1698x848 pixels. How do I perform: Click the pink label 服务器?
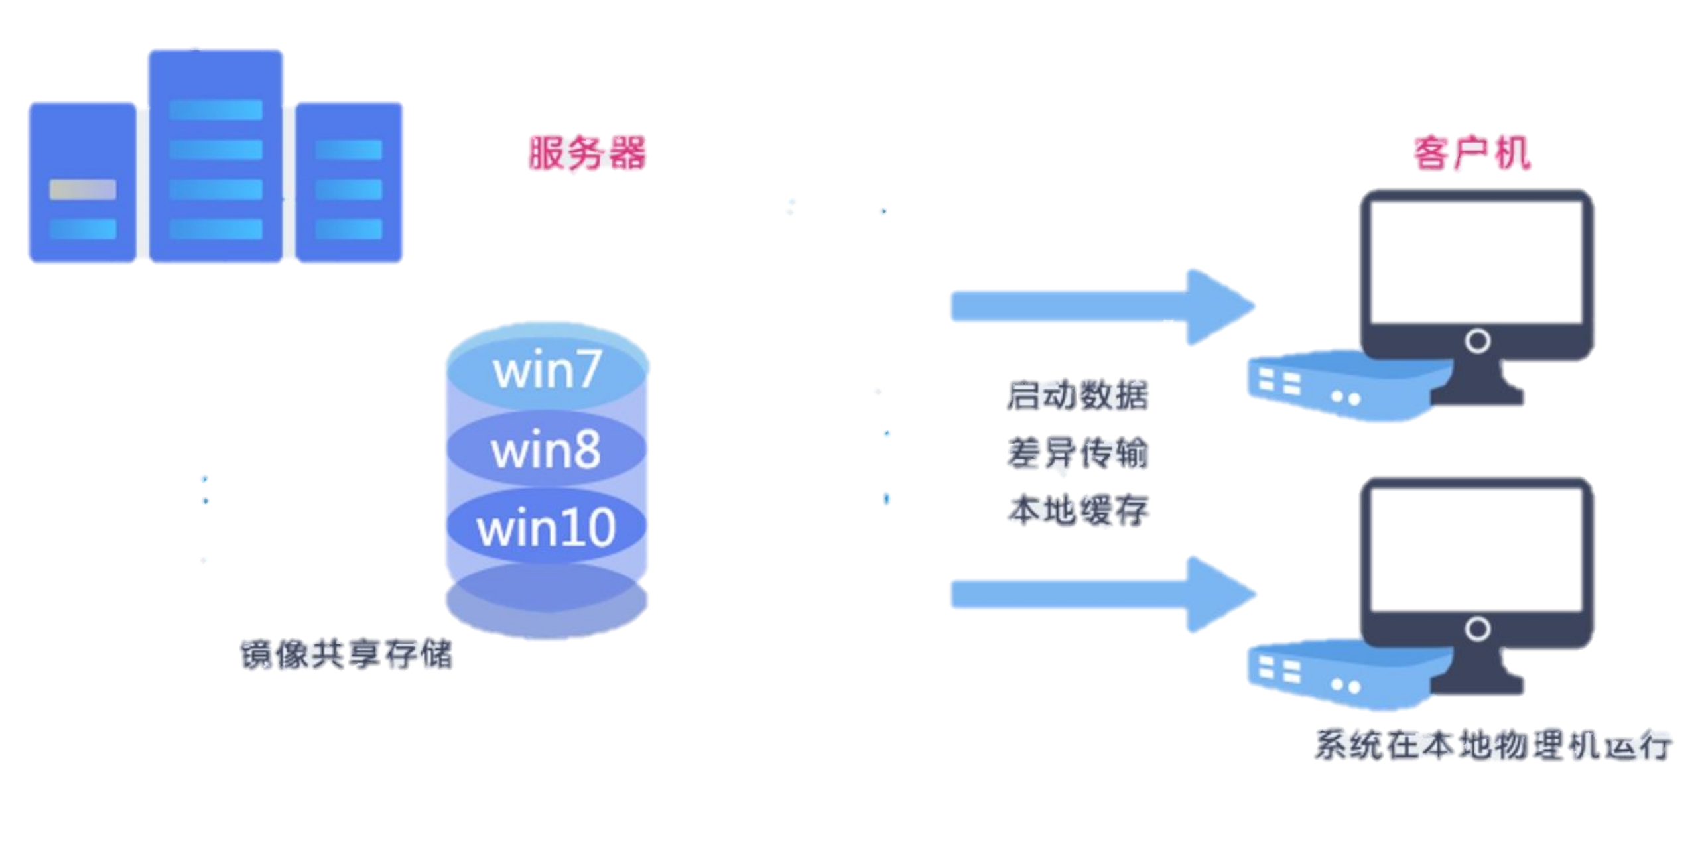pyautogui.click(x=587, y=154)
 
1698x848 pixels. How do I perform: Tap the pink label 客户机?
pyautogui.click(x=1471, y=154)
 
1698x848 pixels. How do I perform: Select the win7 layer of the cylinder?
pyautogui.click(x=547, y=369)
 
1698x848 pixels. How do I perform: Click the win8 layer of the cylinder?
pyautogui.click(x=546, y=450)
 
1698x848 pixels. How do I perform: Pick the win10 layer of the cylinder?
pyautogui.click(x=546, y=528)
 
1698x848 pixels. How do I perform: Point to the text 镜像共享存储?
pyautogui.click(x=346, y=655)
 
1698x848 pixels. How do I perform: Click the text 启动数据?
pyautogui.click(x=1078, y=396)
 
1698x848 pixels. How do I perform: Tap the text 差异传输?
pyautogui.click(x=1078, y=454)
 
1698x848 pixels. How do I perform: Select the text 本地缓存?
pyautogui.click(x=1078, y=511)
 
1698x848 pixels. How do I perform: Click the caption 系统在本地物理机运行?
pyautogui.click(x=1492, y=745)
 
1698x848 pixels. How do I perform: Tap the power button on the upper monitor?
pyautogui.click(x=1477, y=341)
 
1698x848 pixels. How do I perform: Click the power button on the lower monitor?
pyautogui.click(x=1477, y=629)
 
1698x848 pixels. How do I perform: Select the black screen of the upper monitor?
pyautogui.click(x=1476, y=262)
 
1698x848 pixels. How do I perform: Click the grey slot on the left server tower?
pyautogui.click(x=83, y=189)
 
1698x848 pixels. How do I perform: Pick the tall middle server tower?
pyautogui.click(x=216, y=156)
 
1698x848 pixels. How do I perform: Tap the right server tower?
pyautogui.click(x=349, y=182)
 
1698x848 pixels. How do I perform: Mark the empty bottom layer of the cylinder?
pyautogui.click(x=547, y=600)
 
